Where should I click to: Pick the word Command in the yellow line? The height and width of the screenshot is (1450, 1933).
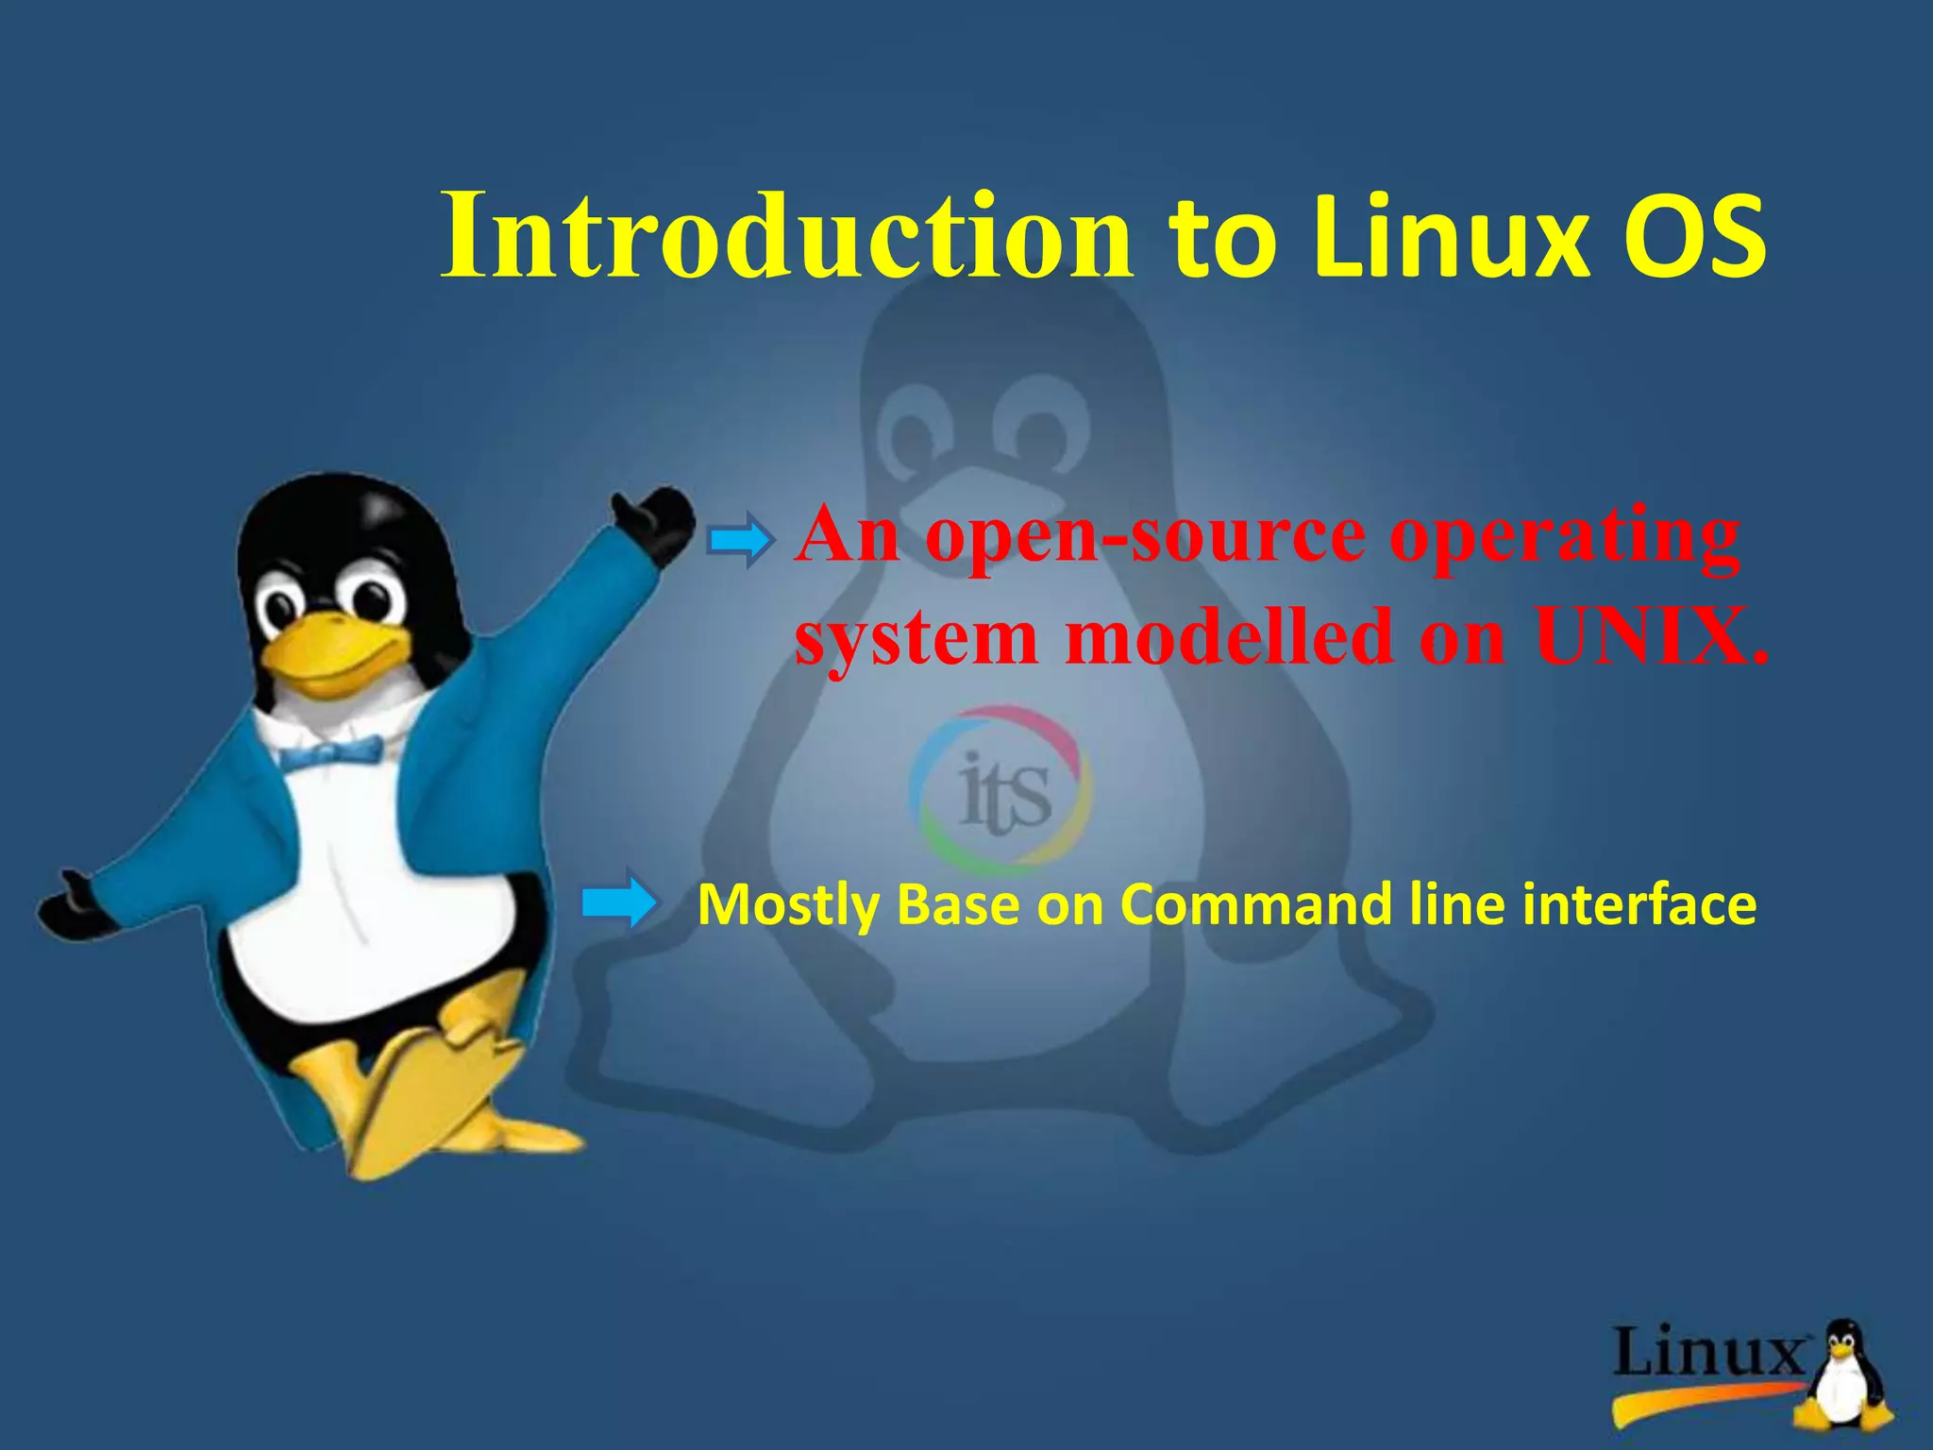(x=1255, y=904)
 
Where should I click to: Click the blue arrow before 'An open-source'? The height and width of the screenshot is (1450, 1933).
(x=741, y=541)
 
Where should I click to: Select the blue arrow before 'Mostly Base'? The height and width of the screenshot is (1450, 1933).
(x=618, y=902)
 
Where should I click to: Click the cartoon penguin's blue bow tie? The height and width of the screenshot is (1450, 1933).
(x=330, y=752)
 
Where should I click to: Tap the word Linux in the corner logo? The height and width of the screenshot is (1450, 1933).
(x=1708, y=1352)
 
